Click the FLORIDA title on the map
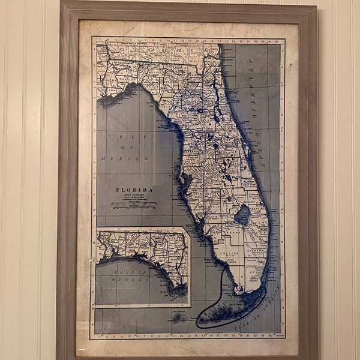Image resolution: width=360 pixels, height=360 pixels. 134,190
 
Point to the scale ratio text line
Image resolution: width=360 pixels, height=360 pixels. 134,196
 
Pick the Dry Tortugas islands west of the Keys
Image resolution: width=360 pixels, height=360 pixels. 178,317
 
